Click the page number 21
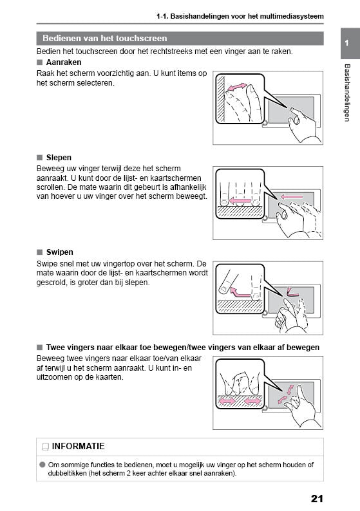(x=316, y=497)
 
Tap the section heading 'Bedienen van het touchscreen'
(x=104, y=39)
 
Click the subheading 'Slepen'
(x=59, y=157)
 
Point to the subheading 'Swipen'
(x=59, y=252)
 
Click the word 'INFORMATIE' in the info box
(x=78, y=446)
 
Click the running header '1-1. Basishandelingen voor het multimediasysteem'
(x=240, y=15)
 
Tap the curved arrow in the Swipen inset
(x=240, y=292)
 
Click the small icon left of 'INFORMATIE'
(x=45, y=447)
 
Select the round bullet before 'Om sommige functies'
(x=42, y=464)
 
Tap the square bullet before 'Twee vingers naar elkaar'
(x=40, y=348)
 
